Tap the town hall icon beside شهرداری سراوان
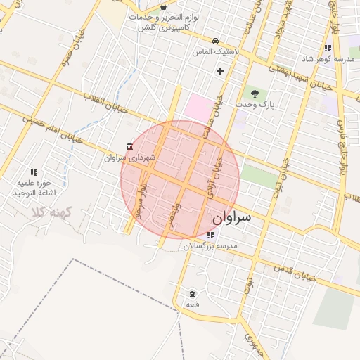129,146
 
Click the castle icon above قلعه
193,294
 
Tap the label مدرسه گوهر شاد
328,59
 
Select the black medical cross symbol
221,71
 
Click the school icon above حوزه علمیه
33,172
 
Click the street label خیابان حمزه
56,53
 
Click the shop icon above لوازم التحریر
163,6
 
